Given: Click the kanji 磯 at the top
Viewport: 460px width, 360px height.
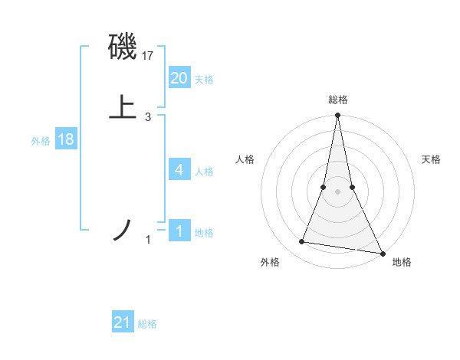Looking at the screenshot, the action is click(123, 47).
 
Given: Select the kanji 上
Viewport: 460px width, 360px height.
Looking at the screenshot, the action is click(123, 108).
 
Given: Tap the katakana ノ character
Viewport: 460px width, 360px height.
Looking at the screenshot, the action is click(123, 231).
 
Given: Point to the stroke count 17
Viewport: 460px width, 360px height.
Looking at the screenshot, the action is click(148, 55).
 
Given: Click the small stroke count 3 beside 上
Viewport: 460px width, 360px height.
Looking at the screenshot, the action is click(148, 116).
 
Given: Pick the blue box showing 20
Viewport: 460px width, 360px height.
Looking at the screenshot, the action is click(179, 78).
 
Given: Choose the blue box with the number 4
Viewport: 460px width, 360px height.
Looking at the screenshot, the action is click(179, 170).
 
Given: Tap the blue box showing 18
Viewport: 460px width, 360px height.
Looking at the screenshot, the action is click(66, 140).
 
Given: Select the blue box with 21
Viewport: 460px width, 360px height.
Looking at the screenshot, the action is click(123, 323).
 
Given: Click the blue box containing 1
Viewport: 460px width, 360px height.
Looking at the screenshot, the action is click(179, 231).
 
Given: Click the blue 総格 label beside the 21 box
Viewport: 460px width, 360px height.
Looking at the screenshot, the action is click(147, 325).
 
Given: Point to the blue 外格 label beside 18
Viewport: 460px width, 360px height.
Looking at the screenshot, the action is click(41, 141).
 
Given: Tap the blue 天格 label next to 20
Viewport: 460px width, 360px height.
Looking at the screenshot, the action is click(204, 80).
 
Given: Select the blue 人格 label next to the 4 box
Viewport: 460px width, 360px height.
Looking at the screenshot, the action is click(204, 172).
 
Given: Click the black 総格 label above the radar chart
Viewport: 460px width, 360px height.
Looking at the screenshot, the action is click(337, 100).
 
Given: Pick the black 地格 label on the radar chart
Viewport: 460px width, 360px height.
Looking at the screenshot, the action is click(402, 263).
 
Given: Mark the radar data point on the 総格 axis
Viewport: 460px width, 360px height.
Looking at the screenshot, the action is click(337, 116).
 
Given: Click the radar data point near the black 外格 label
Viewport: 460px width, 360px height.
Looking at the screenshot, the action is click(302, 242).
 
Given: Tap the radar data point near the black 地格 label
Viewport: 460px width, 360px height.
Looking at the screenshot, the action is click(382, 253).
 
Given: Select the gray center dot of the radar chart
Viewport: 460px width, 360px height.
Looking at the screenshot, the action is click(337, 191).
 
